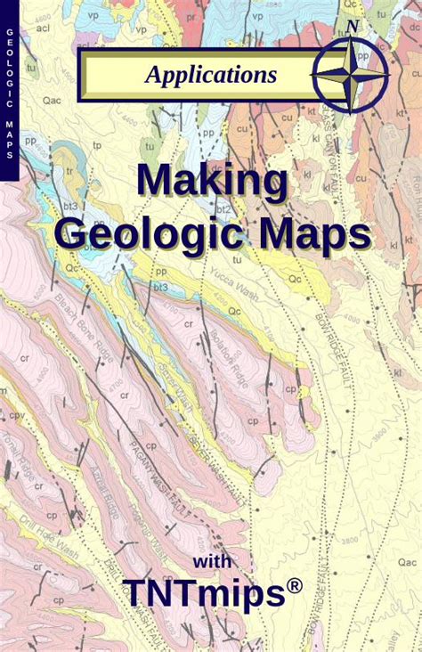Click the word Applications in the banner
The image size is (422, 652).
[x=211, y=75]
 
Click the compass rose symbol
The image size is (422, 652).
[x=353, y=75]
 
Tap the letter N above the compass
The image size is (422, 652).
[x=353, y=27]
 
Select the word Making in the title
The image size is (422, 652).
[x=211, y=181]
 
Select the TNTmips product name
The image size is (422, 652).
[x=200, y=592]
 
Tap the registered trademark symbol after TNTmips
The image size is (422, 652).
[x=293, y=584]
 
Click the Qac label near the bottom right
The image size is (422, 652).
[x=407, y=561]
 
